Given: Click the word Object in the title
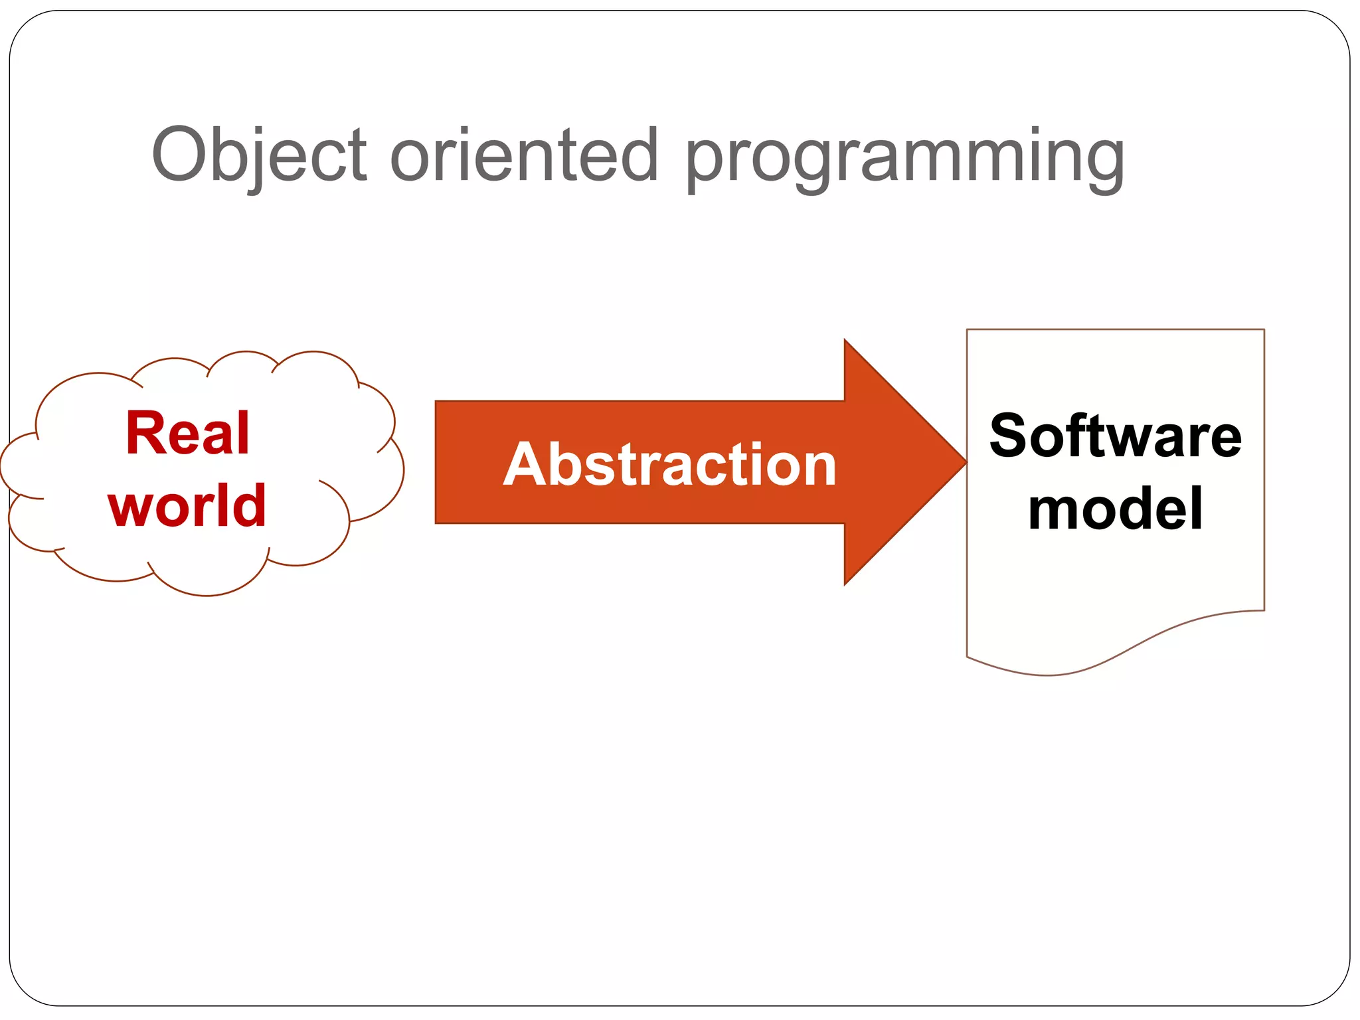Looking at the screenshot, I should click(259, 156).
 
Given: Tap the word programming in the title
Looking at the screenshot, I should click(904, 159).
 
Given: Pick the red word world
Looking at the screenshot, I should click(187, 506).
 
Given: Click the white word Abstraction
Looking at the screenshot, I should click(669, 465).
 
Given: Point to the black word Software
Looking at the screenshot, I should click(1115, 436).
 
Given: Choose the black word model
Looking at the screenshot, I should click(1115, 509).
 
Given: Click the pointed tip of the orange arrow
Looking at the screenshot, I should click(964, 462).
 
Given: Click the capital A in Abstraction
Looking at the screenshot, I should click(525, 464).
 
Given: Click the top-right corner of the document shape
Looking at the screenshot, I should click(1263, 330).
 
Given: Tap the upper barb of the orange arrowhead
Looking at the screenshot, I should click(845, 341).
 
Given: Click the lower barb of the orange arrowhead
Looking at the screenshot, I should click(845, 584).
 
